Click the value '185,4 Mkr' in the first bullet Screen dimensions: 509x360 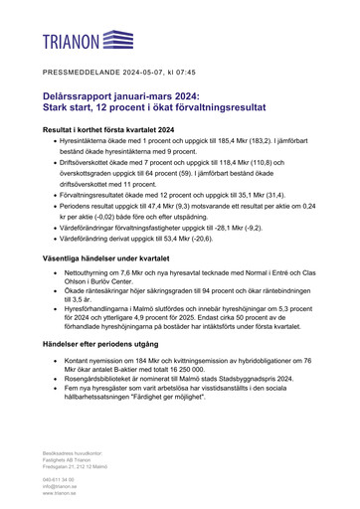point(215,143)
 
